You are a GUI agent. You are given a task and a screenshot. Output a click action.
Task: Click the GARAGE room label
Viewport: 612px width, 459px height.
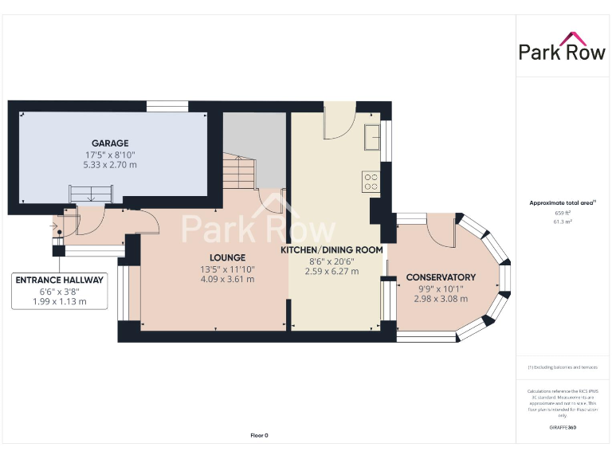pos(109,143)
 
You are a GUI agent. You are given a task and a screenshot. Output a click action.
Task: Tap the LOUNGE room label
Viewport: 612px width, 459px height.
pos(227,257)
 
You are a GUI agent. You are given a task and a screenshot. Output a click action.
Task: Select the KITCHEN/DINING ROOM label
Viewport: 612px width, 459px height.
pos(331,249)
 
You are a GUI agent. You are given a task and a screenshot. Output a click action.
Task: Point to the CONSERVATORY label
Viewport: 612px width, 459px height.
pos(441,277)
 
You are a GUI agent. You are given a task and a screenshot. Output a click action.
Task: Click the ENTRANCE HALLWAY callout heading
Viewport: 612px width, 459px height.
pos(60,280)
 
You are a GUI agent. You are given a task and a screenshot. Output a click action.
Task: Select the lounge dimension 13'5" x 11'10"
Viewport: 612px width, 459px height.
pos(227,269)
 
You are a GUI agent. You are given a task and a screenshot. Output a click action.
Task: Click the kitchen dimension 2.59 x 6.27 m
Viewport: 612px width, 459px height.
pos(331,271)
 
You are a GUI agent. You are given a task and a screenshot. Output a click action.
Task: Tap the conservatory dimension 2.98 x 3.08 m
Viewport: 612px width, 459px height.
pos(441,298)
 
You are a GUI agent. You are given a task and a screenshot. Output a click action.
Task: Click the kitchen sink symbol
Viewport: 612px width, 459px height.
pos(371,137)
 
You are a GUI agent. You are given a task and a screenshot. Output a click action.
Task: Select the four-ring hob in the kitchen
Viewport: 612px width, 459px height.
pos(371,181)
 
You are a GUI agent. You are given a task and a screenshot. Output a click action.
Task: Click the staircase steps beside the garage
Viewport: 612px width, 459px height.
pos(237,170)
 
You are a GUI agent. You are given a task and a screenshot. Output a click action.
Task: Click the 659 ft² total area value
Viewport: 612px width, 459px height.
pos(563,213)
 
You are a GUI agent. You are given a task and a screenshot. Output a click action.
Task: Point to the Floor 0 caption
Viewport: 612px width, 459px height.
pos(259,435)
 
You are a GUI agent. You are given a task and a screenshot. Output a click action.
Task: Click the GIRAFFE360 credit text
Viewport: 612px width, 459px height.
pos(563,428)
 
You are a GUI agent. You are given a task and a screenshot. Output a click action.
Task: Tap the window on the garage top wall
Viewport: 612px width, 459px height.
pos(167,105)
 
